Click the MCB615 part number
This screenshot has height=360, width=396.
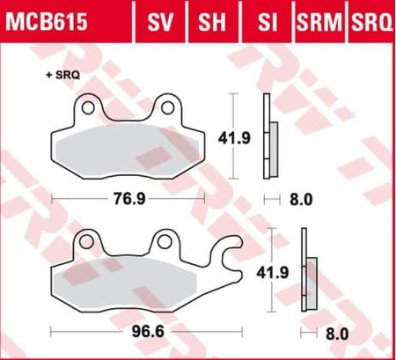[x=47, y=22]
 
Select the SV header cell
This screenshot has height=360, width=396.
[x=160, y=22]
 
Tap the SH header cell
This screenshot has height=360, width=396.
[x=212, y=22]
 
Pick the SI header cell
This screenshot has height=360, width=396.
[x=268, y=22]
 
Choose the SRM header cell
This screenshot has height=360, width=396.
[x=319, y=22]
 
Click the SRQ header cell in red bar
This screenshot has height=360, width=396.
[x=371, y=22]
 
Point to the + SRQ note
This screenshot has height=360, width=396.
[x=62, y=76]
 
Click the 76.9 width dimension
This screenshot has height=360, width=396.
[x=129, y=199]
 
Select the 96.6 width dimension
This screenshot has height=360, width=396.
[x=148, y=332]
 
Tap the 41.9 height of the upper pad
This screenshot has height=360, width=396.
[x=234, y=138]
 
